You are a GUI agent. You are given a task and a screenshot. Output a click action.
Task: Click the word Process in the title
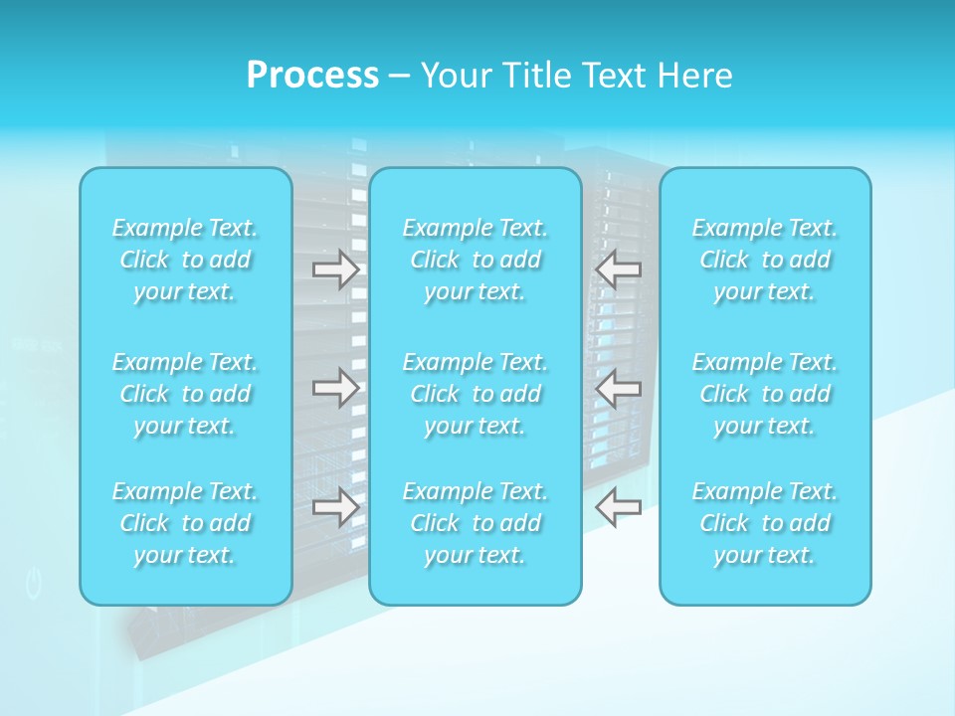pyautogui.click(x=312, y=76)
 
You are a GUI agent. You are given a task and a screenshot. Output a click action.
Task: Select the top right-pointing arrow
pyautogui.click(x=335, y=269)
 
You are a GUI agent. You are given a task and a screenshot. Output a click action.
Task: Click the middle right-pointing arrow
pyautogui.click(x=335, y=388)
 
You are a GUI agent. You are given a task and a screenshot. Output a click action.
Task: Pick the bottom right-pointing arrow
pyautogui.click(x=335, y=507)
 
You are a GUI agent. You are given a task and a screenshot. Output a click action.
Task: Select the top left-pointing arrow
pyautogui.click(x=619, y=269)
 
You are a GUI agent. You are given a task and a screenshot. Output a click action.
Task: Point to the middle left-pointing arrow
pyautogui.click(x=619, y=388)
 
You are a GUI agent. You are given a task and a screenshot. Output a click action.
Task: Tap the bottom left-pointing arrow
pyautogui.click(x=619, y=507)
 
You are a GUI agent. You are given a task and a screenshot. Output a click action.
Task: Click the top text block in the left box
pyautogui.click(x=185, y=260)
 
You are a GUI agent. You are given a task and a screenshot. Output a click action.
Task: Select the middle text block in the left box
pyautogui.click(x=185, y=394)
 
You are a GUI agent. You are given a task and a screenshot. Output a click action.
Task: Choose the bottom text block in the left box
pyautogui.click(x=185, y=523)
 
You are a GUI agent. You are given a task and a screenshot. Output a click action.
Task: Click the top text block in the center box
pyautogui.click(x=476, y=260)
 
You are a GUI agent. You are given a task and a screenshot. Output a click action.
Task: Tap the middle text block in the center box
pyautogui.click(x=476, y=394)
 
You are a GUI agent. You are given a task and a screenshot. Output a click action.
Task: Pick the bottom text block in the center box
pyautogui.click(x=476, y=523)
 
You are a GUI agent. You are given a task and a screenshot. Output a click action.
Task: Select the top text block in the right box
pyautogui.click(x=765, y=260)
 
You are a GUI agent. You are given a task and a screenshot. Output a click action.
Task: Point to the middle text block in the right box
pyautogui.click(x=765, y=394)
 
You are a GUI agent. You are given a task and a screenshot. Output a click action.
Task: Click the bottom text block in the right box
pyautogui.click(x=765, y=523)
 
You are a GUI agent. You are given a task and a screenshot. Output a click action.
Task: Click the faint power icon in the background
pyautogui.click(x=34, y=584)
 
